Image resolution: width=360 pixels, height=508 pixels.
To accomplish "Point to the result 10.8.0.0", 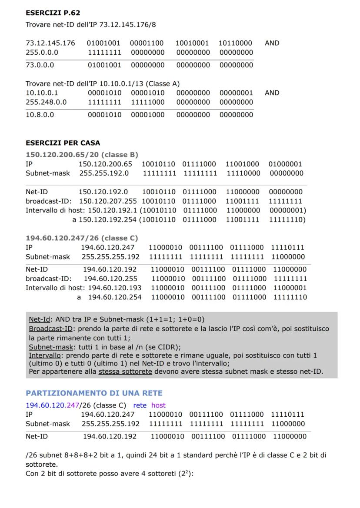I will (x=40, y=115).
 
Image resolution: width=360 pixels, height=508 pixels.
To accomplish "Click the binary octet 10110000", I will (x=235, y=43).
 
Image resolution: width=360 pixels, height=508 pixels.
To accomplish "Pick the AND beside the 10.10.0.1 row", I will (x=272, y=93).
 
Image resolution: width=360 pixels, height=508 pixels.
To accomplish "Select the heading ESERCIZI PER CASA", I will (x=63, y=143).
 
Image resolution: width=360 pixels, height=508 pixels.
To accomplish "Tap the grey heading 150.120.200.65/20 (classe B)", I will (x=82, y=155).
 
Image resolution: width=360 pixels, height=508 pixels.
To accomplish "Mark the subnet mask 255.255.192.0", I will (x=104, y=173).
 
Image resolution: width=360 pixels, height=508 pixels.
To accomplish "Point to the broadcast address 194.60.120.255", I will (x=110, y=279).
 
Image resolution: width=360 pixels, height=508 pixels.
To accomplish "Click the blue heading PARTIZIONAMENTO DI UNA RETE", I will (x=94, y=393).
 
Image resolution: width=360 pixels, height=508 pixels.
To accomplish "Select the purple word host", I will (x=158, y=405).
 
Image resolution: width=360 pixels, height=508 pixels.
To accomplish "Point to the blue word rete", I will (x=140, y=405).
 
